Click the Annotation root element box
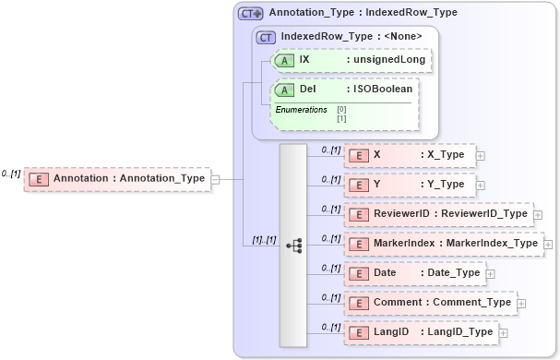(x=117, y=177)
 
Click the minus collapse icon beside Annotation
(x=216, y=178)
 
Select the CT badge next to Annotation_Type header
(x=250, y=14)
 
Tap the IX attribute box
(x=351, y=59)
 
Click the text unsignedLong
(x=387, y=59)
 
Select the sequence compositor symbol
(x=294, y=246)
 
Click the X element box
(x=409, y=155)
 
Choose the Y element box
(x=410, y=185)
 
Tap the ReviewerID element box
(x=438, y=214)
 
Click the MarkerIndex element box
(x=443, y=244)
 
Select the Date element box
(x=414, y=273)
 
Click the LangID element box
(x=420, y=332)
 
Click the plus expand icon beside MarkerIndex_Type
(x=548, y=245)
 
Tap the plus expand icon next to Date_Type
(x=490, y=274)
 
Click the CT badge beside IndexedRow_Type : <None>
(x=266, y=37)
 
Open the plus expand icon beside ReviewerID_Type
(x=538, y=215)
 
